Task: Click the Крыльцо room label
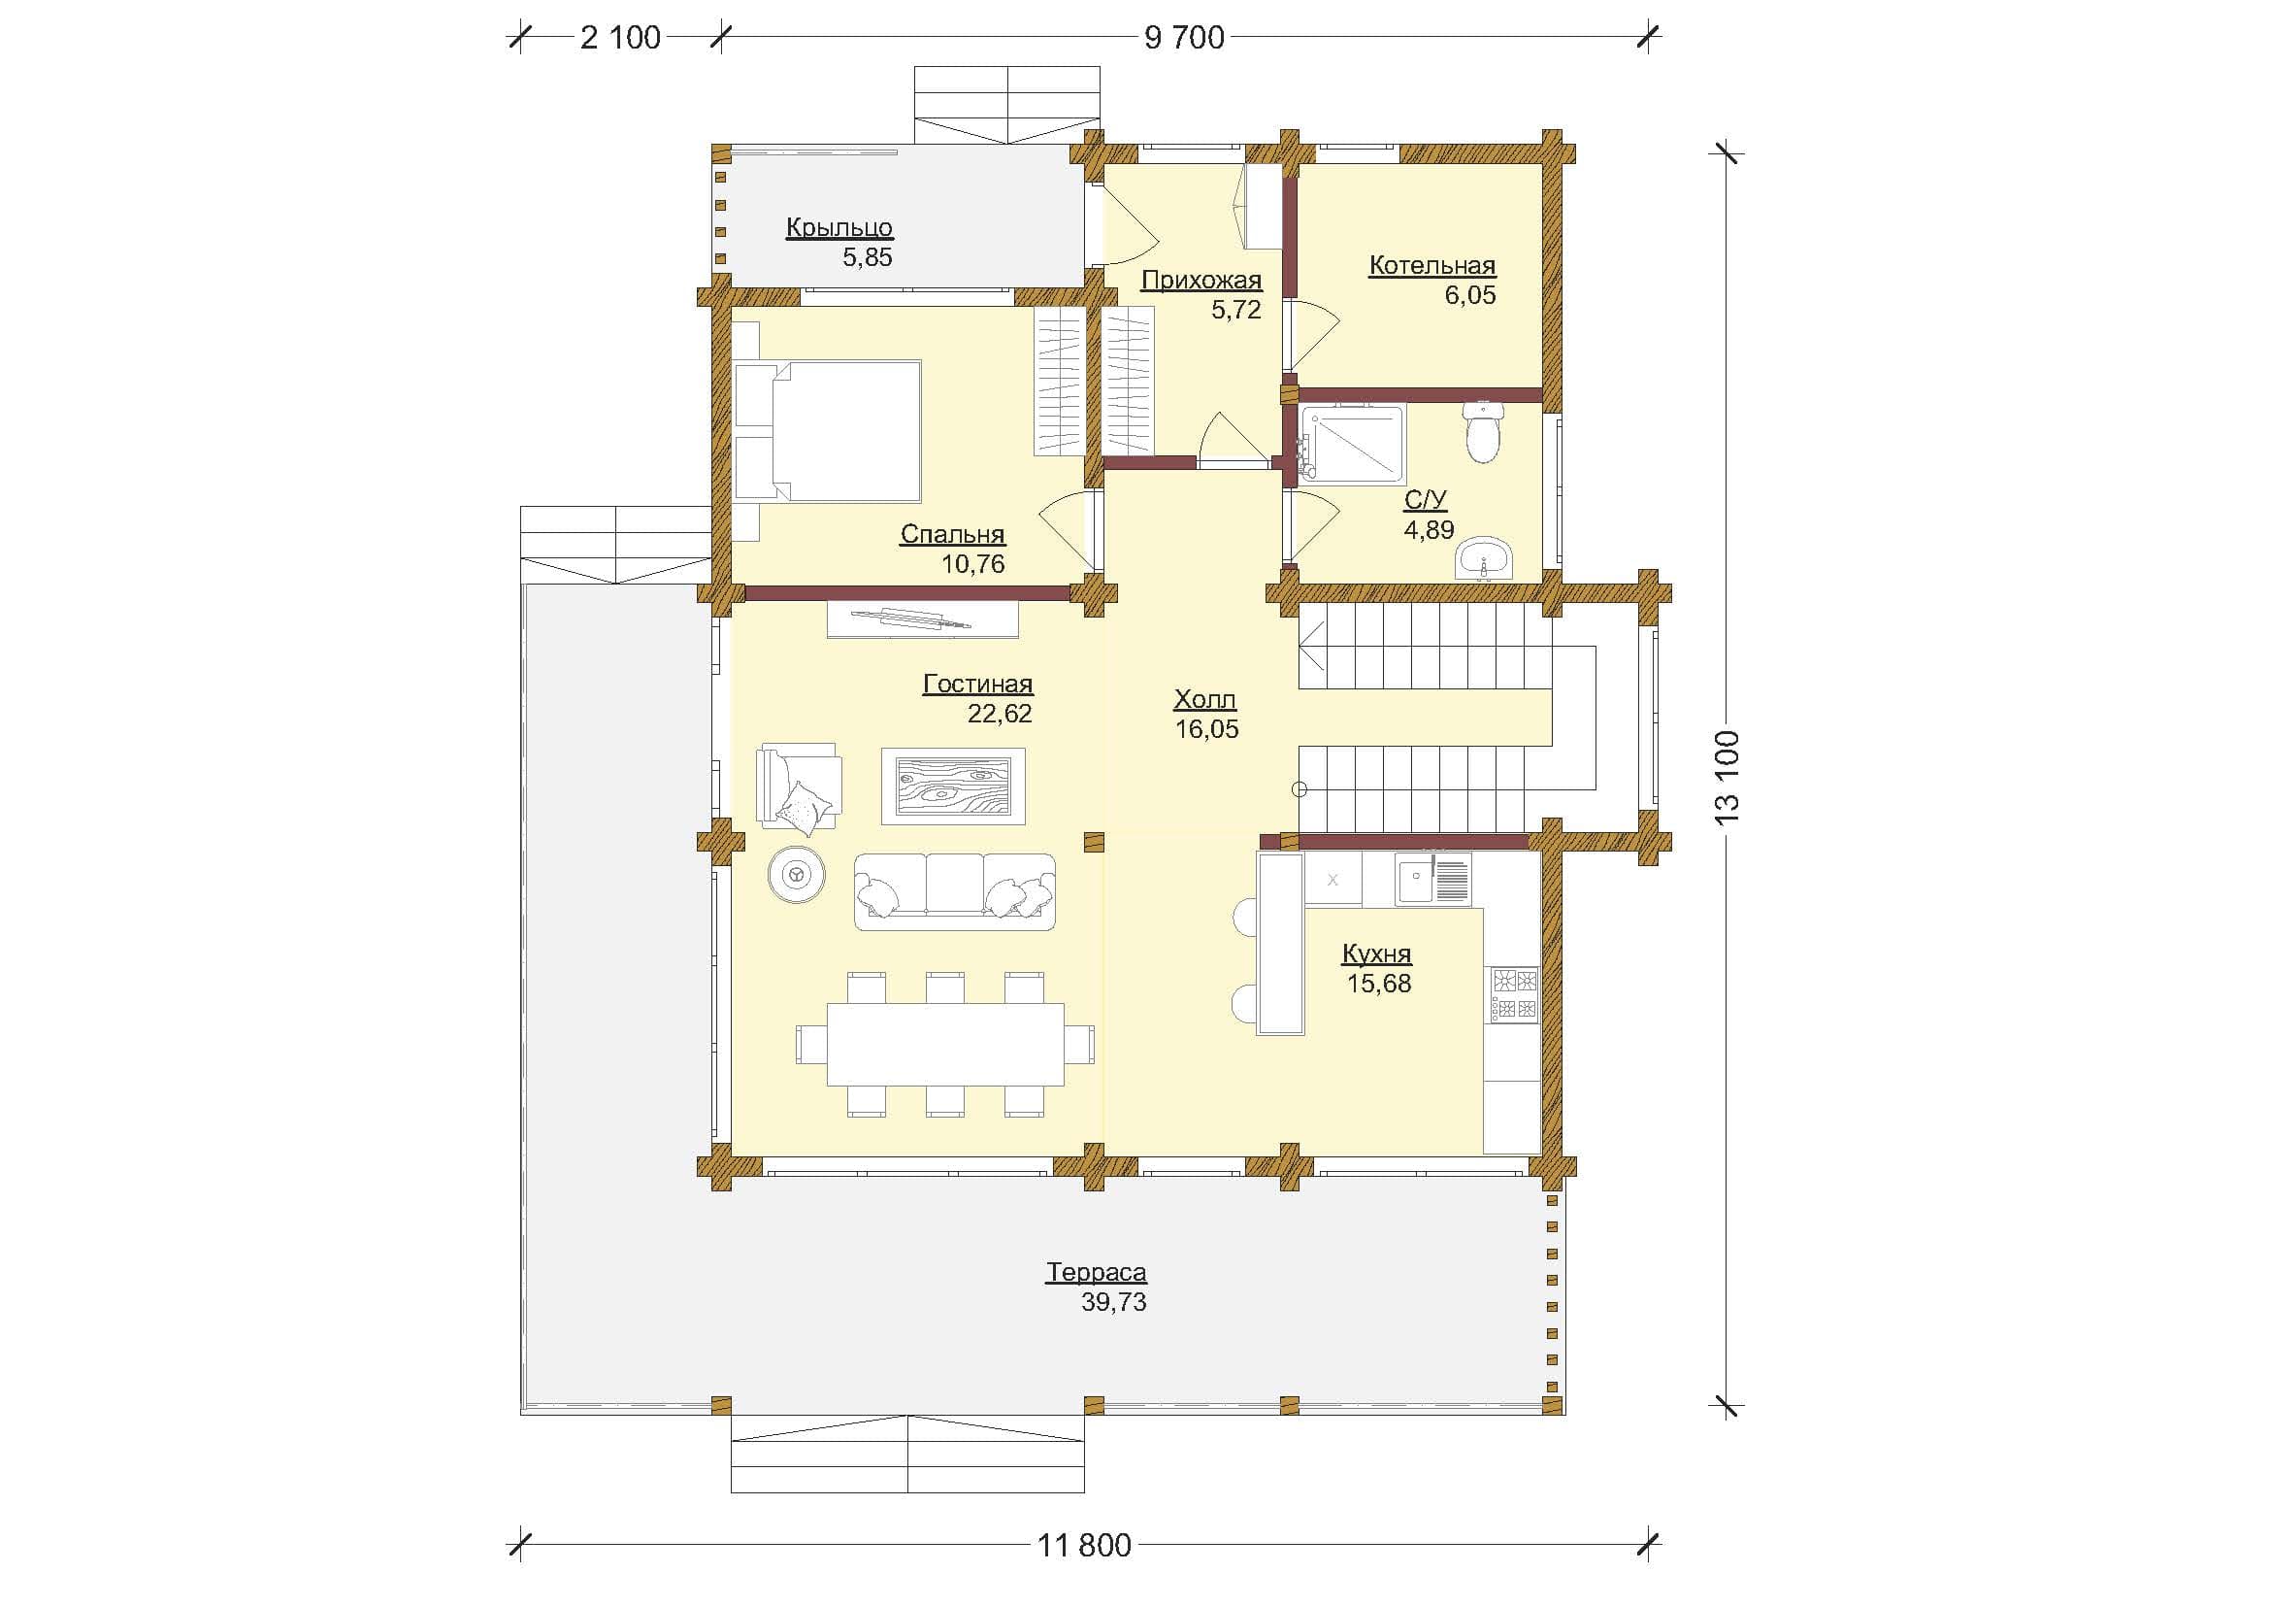[839, 227]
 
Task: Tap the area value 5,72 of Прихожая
[1235, 310]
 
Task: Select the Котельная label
[1431, 265]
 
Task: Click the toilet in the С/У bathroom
[1483, 431]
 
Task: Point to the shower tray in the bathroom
[1352, 444]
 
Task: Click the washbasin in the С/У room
[1484, 558]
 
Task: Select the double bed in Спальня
[828, 431]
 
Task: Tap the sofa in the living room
[954, 892]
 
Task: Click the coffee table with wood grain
[953, 786]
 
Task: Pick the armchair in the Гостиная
[798, 786]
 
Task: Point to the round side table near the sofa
[796, 874]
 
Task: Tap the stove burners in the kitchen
[1515, 995]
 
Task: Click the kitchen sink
[1432, 879]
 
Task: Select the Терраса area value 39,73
[1113, 1302]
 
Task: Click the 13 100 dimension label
[1727, 779]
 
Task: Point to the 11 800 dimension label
[1085, 1545]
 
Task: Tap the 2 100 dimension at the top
[620, 38]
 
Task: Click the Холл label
[1205, 700]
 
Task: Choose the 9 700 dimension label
[1184, 38]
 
